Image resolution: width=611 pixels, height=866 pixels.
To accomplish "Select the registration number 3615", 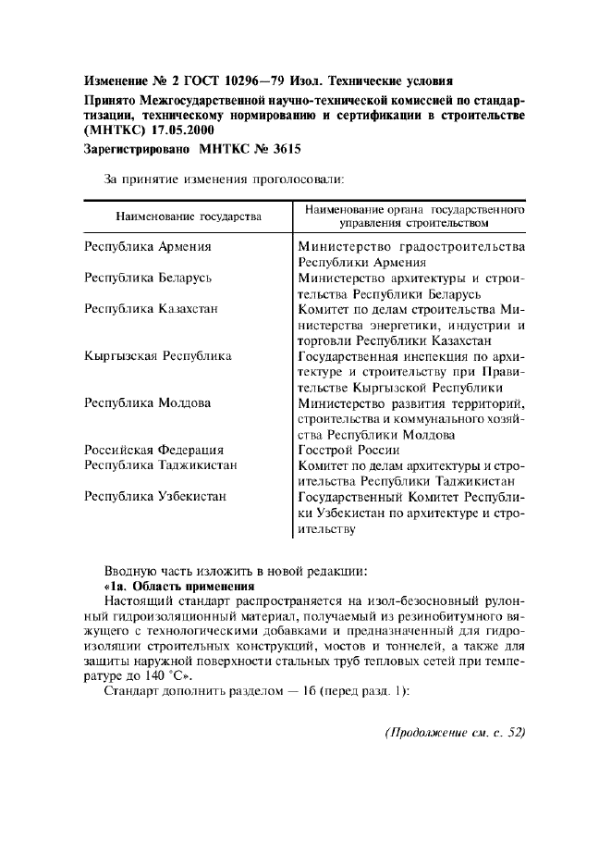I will click(283, 148).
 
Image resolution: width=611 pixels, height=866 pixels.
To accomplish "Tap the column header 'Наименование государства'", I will click(188, 216).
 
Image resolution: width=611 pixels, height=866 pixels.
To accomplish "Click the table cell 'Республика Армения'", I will click(147, 247).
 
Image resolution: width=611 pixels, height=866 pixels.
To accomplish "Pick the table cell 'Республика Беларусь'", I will click(148, 278).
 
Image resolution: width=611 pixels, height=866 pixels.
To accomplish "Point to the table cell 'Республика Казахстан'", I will click(151, 309).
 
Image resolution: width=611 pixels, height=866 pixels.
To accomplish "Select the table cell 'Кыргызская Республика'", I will click(157, 355).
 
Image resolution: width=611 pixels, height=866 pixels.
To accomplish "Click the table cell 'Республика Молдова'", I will click(147, 402).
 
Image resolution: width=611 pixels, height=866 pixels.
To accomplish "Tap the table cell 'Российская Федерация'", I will click(153, 450).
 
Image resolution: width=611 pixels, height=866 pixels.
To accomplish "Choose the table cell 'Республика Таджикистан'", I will click(160, 464).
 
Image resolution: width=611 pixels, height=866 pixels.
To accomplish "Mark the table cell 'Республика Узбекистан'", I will click(154, 496).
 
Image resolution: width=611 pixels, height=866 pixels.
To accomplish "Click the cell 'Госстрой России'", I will click(348, 450).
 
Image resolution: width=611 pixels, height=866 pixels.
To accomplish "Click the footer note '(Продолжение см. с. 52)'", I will click(454, 733).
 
